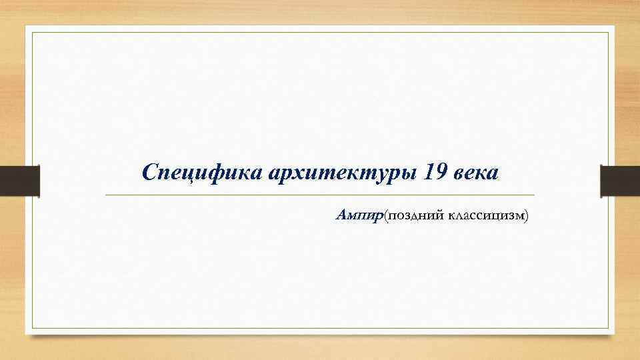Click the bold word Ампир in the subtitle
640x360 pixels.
click(x=360, y=215)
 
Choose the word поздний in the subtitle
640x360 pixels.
click(x=415, y=215)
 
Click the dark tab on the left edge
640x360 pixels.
click(x=19, y=181)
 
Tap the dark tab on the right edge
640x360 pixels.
click(x=620, y=181)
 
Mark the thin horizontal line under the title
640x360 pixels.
click(x=320, y=195)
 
